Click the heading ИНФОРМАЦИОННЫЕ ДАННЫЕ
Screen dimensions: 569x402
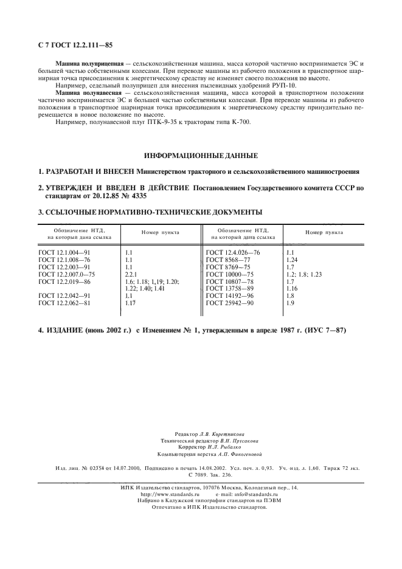[200, 156]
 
